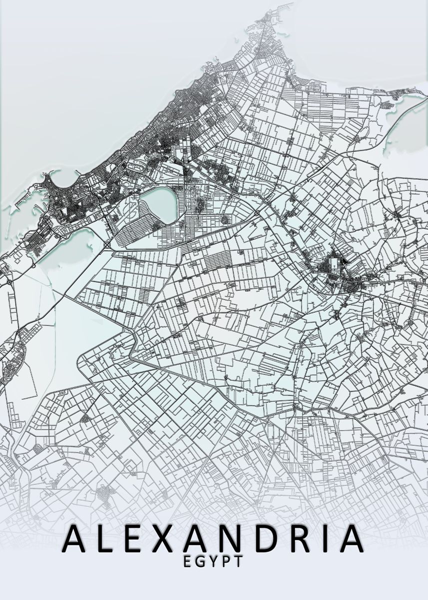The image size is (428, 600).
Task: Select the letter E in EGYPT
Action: coord(187,561)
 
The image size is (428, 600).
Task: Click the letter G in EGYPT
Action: coord(200,561)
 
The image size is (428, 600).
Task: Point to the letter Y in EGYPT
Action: coord(213,561)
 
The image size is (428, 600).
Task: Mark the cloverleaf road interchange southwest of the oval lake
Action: coord(108,244)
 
